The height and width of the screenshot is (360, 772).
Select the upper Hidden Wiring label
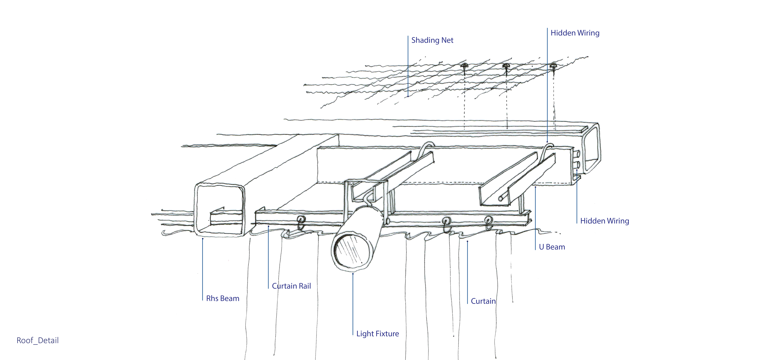coord(575,33)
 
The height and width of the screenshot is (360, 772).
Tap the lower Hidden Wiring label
coord(604,221)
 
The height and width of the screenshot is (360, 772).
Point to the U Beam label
coord(552,247)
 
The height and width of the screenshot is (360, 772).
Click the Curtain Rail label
coord(291,286)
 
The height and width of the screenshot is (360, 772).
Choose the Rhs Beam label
coord(223,299)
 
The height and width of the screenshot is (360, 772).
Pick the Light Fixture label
coord(377,334)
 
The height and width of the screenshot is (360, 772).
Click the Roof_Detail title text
coord(37,341)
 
